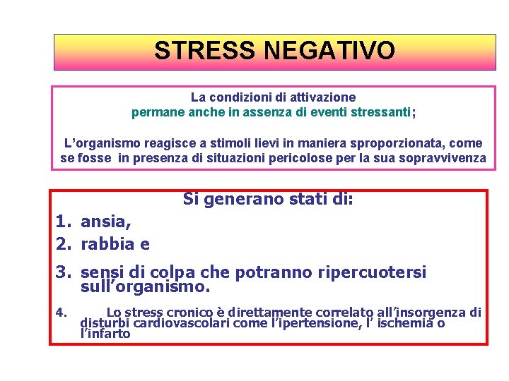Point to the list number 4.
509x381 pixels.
tap(62, 312)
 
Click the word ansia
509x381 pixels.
tap(106, 222)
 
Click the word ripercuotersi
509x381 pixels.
tap(369, 273)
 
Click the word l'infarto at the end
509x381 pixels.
tap(106, 334)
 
